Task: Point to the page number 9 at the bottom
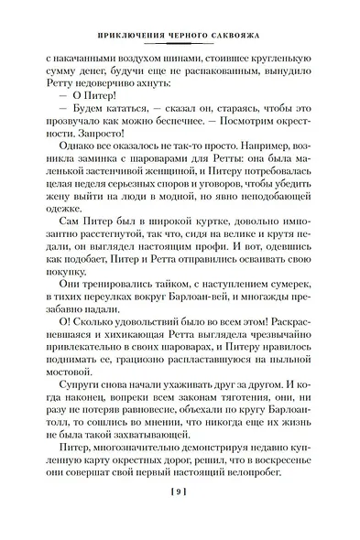[180, 521]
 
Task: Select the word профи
[233, 265]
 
